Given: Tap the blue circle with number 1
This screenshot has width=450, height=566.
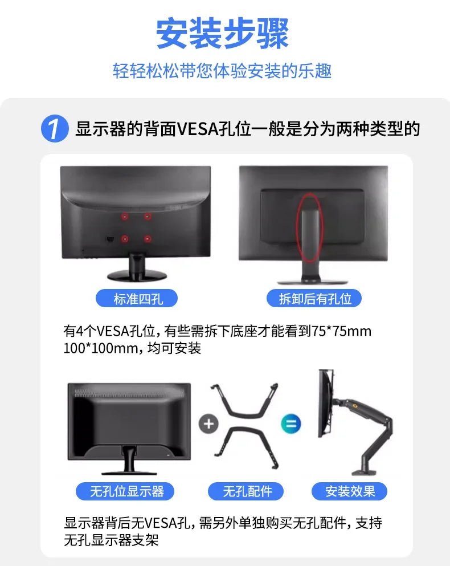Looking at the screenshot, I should pyautogui.click(x=55, y=129).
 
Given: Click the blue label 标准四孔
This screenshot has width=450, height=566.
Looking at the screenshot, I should pyautogui.click(x=137, y=298).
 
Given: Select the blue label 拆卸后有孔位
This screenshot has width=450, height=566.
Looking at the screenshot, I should pyautogui.click(x=314, y=298).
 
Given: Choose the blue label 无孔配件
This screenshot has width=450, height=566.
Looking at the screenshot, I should pyautogui.click(x=247, y=491).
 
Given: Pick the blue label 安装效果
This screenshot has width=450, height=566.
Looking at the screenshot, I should pyautogui.click(x=350, y=491).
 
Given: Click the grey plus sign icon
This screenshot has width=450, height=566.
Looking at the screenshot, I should pyautogui.click(x=208, y=424).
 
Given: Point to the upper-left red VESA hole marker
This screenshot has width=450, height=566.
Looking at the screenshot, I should pyautogui.click(x=125, y=217).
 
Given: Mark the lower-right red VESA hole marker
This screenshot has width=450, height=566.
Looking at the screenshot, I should pyautogui.click(x=148, y=238).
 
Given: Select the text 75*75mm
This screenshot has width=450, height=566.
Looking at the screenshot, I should pyautogui.click(x=342, y=331).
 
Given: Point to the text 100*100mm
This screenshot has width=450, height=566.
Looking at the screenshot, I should pyautogui.click(x=97, y=348).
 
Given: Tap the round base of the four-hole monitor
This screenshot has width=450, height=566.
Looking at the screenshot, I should pyautogui.click(x=137, y=275).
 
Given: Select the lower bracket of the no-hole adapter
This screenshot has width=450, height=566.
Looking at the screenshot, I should pyautogui.click(x=247, y=446).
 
